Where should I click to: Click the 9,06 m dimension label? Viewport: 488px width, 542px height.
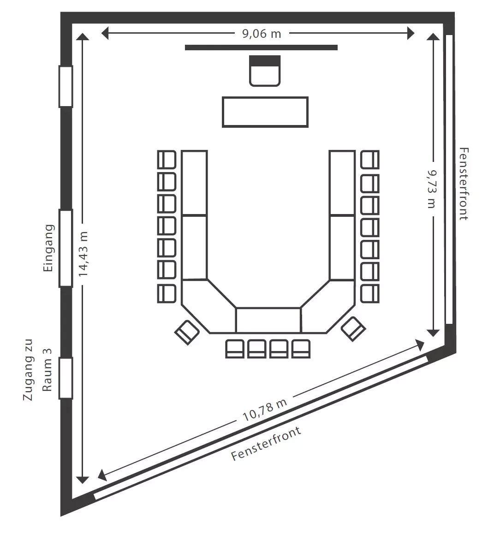[261, 34]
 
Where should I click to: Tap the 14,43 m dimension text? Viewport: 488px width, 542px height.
[83, 254]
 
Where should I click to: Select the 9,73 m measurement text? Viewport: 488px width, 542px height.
[431, 189]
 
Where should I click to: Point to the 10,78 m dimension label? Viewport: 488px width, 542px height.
[265, 410]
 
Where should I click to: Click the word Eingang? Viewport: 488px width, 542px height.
[48, 248]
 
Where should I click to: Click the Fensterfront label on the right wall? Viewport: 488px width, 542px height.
[464, 184]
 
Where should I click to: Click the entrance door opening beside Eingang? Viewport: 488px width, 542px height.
[65, 248]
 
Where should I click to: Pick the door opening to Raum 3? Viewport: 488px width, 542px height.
[65, 378]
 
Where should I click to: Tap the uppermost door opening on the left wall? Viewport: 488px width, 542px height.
[65, 86]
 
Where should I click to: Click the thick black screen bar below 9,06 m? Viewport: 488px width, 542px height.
[261, 48]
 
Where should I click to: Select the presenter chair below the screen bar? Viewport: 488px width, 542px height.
[265, 71]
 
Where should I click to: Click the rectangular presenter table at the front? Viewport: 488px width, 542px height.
[265, 112]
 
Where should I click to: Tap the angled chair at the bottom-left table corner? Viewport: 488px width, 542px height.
[187, 332]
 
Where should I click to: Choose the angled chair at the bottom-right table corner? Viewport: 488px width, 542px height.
[353, 329]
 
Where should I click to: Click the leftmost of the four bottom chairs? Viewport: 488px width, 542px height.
[235, 349]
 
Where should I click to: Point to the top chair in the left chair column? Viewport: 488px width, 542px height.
[167, 159]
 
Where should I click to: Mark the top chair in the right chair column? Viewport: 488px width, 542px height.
[370, 159]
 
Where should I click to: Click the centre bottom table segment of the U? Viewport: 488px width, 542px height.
[268, 321]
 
